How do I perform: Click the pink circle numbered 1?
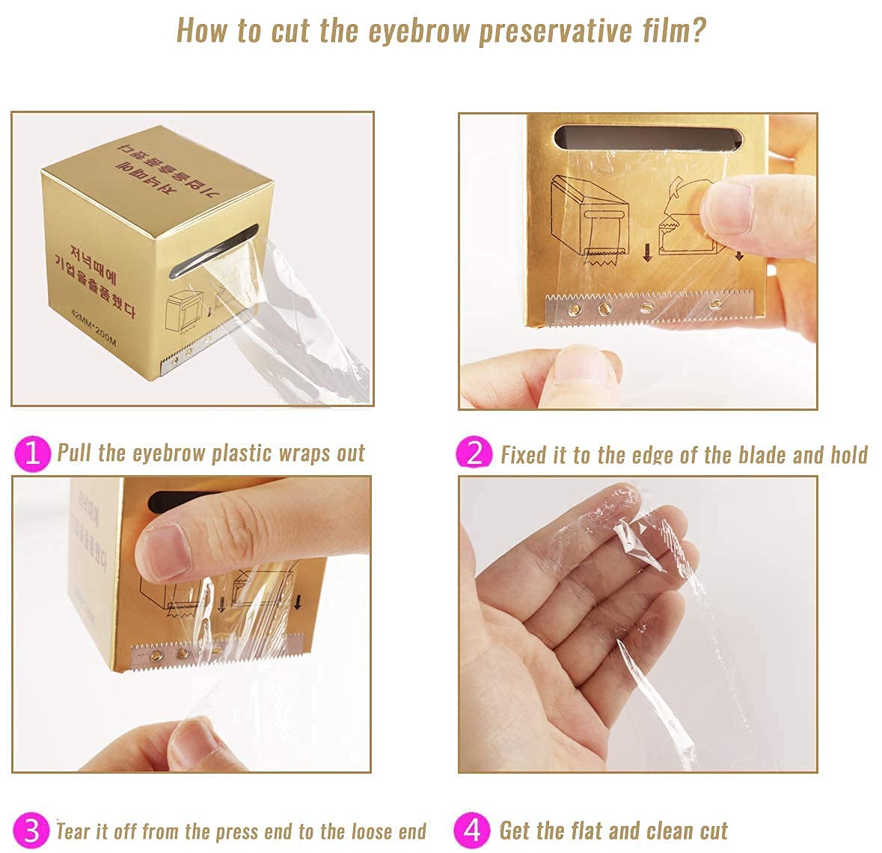coord(31,453)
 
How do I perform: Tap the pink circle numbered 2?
coord(474,453)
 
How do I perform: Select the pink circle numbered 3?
coord(31,830)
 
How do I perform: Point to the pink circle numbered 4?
coord(472,830)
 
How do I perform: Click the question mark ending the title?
coord(697,31)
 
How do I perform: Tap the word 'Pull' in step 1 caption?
coord(75,453)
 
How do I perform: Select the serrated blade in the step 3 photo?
coord(217,653)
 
